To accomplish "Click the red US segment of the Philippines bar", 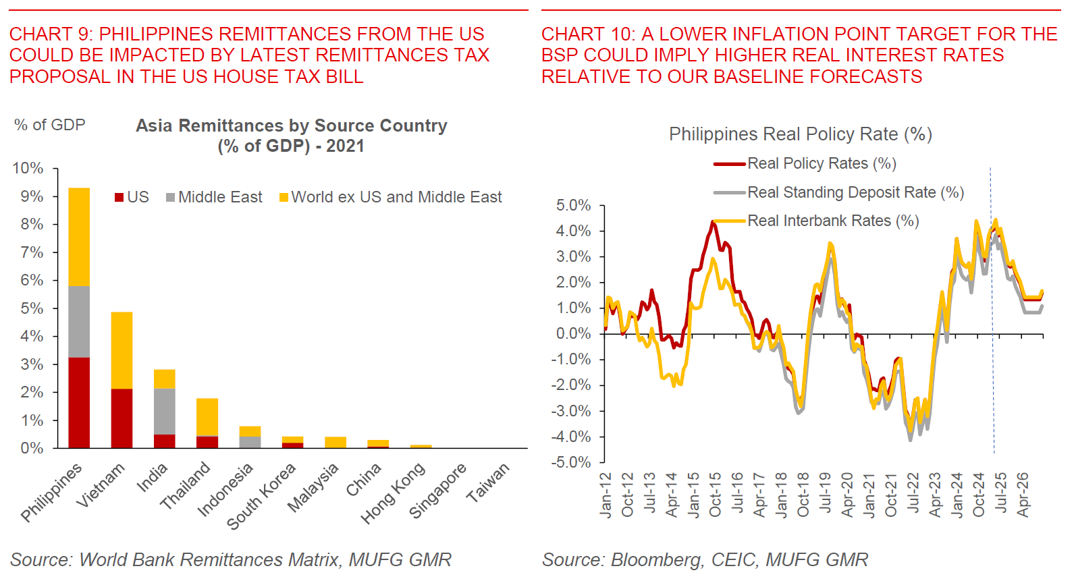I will click(x=79, y=402).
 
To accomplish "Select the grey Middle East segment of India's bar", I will click(x=164, y=411).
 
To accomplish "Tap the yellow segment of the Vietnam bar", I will click(x=122, y=350).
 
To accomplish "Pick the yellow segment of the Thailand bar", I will click(x=207, y=417).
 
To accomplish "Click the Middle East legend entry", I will click(x=214, y=197).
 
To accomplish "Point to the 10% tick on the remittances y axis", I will click(x=28, y=168).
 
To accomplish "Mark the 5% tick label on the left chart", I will click(x=31, y=308).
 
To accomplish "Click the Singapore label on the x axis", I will click(x=437, y=491).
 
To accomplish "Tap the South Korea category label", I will click(x=261, y=496).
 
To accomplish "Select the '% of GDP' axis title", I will click(x=49, y=125).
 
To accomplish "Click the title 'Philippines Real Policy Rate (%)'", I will click(x=800, y=134).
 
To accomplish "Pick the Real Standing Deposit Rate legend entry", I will click(x=855, y=192).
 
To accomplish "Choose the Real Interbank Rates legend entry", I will click(x=832, y=221).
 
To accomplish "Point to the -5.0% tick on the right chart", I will click(x=573, y=462).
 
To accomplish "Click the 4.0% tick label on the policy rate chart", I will click(x=573, y=231).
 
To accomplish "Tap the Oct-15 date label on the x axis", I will click(x=715, y=495).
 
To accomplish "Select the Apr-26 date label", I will click(x=1023, y=495).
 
